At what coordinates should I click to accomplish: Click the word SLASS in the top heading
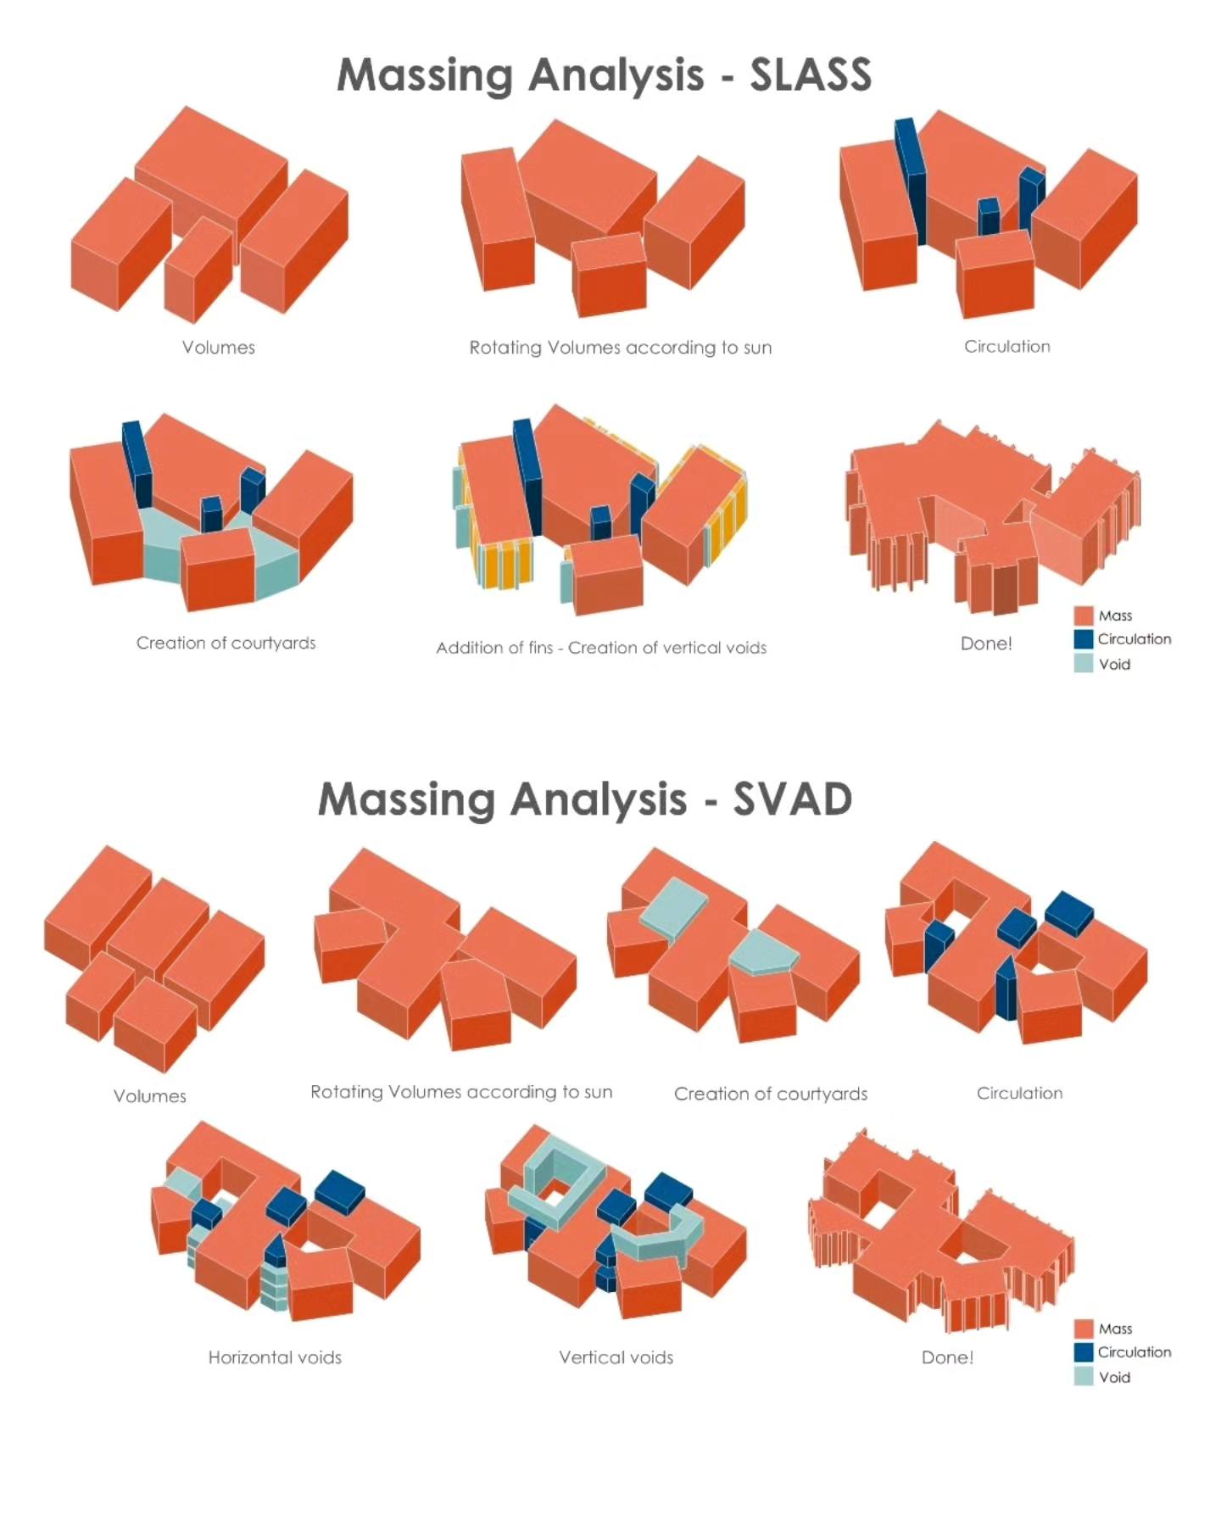811,75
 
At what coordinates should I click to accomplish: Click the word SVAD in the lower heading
793,799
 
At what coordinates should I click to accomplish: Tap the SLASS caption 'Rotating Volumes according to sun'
621,348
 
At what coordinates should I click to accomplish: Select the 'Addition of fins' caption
494,648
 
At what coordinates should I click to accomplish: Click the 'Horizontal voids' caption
275,1357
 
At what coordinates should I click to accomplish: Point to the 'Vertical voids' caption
616,1357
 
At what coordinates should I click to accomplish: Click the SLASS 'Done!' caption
986,643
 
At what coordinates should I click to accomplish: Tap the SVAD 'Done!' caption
947,1357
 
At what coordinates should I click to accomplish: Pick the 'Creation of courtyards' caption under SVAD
771,1094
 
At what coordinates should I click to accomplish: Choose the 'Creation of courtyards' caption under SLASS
226,643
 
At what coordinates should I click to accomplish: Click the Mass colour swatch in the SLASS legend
1083,615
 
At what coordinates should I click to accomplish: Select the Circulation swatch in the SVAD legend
1083,1352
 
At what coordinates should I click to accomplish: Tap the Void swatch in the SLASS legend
1083,663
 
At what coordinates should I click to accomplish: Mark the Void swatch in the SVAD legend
1083,1376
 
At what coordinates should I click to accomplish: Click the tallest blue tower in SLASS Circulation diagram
910,181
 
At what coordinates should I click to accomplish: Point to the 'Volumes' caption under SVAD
150,1096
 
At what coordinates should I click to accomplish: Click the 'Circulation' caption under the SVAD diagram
1019,1094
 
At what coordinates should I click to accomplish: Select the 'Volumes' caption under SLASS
218,348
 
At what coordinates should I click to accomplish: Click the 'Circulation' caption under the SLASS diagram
1006,347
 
